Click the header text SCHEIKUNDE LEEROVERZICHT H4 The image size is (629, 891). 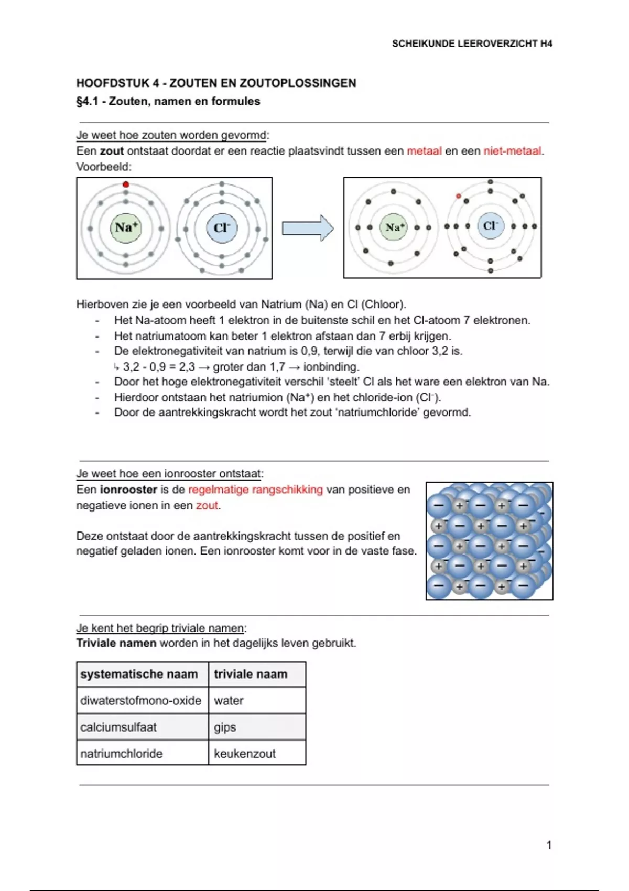pos(472,44)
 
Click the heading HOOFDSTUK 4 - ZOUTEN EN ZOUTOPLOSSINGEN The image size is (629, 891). pos(216,83)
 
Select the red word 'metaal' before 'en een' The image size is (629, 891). pos(424,151)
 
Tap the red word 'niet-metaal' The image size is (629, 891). pos(512,151)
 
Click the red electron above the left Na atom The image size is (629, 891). pos(126,184)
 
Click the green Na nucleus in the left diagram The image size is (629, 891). pos(126,228)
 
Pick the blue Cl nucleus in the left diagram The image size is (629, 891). pos(222,228)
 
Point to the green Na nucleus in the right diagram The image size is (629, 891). pos(393,227)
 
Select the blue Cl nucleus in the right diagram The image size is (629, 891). pos(490,226)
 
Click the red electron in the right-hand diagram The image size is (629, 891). pos(459,196)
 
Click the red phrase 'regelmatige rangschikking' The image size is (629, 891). pos(255,490)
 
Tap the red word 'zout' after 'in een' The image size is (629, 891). pos(207,506)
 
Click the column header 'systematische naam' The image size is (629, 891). pos(139,675)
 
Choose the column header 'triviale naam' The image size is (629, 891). pos(251,675)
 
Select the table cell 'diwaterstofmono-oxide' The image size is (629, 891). pos(140,701)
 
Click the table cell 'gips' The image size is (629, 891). pos(225,727)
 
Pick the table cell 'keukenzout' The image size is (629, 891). pos(245,754)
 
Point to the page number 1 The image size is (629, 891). pos(549,845)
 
